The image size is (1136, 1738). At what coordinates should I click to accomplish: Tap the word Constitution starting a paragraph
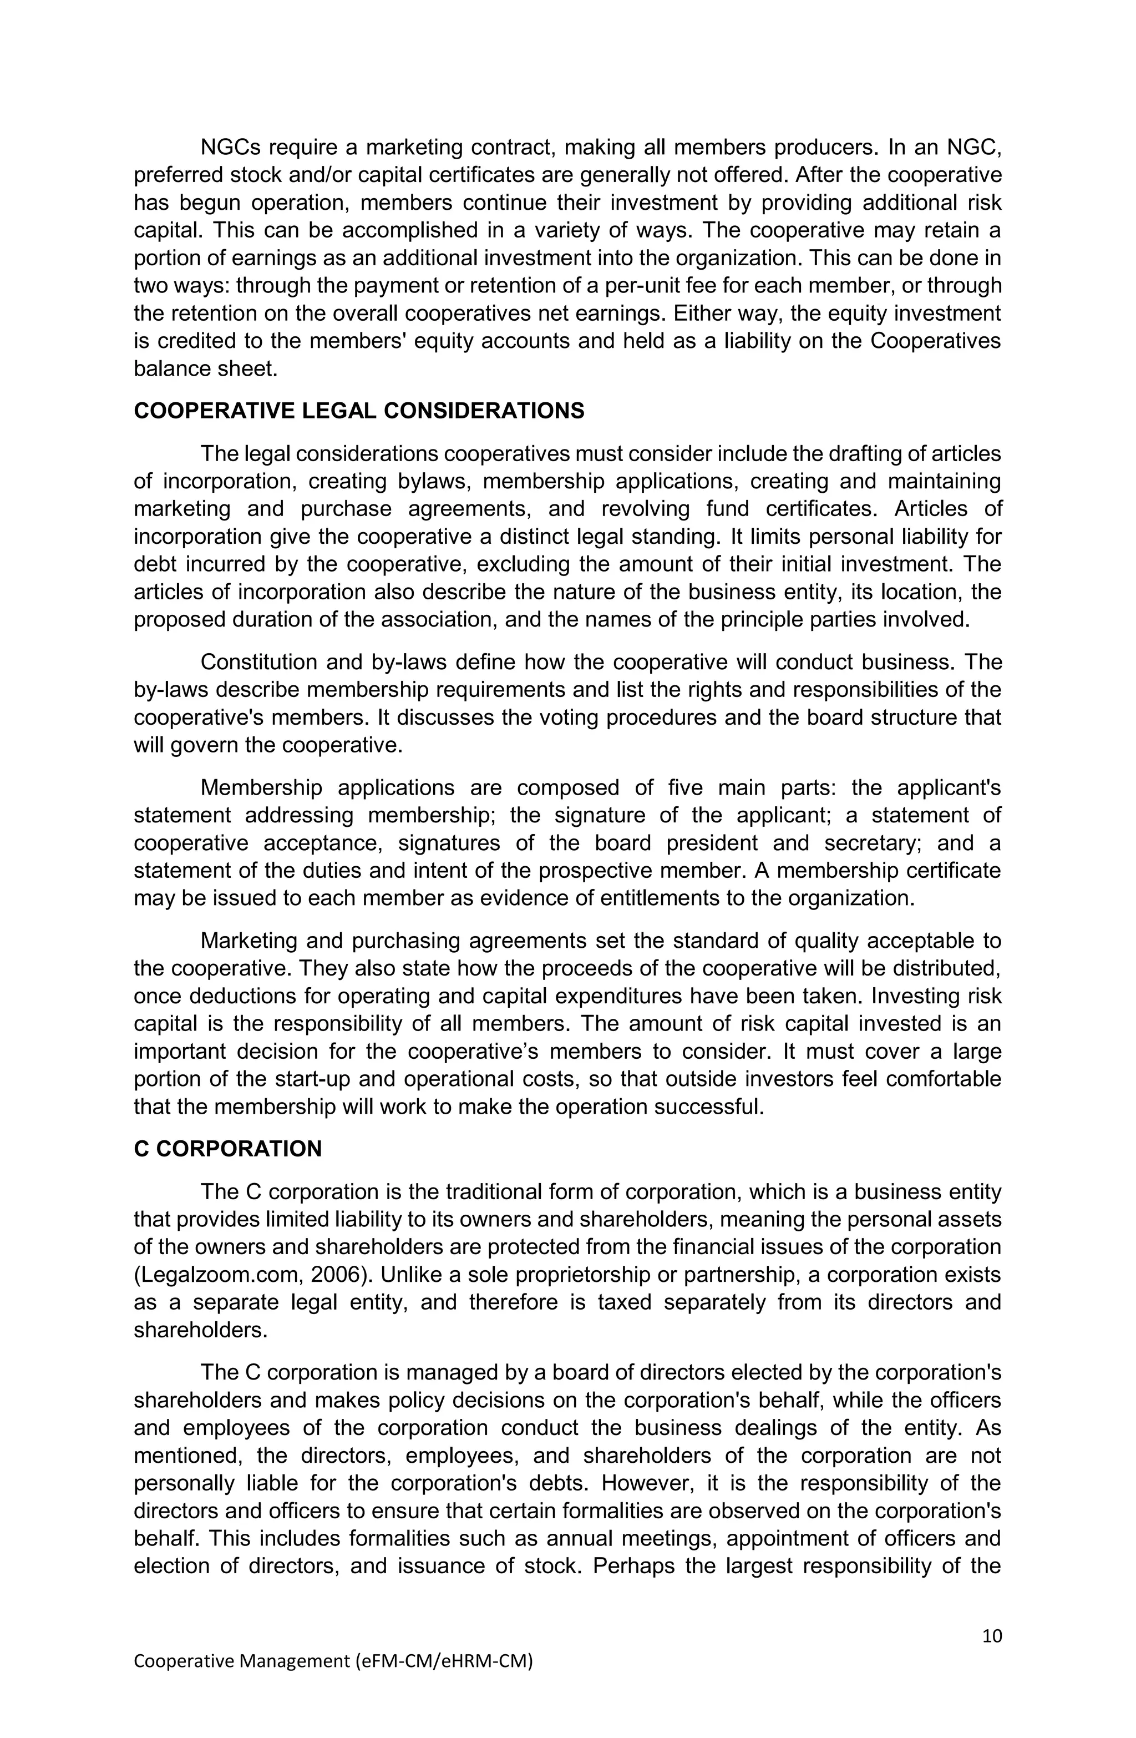coord(257,663)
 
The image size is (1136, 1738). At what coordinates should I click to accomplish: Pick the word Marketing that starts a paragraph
coord(247,941)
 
